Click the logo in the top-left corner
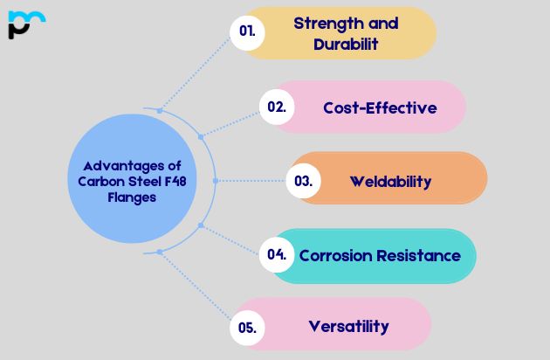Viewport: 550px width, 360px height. click(25, 24)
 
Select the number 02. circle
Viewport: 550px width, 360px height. click(277, 107)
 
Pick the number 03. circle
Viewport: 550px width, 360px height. click(304, 182)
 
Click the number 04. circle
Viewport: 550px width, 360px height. click(277, 255)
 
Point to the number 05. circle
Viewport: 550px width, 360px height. click(247, 328)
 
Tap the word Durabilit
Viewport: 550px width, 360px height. click(347, 44)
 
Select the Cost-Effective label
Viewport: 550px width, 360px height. click(380, 107)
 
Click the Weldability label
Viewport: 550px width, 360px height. click(390, 182)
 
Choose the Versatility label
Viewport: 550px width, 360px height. click(348, 327)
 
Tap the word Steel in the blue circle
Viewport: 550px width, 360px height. click(134, 182)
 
